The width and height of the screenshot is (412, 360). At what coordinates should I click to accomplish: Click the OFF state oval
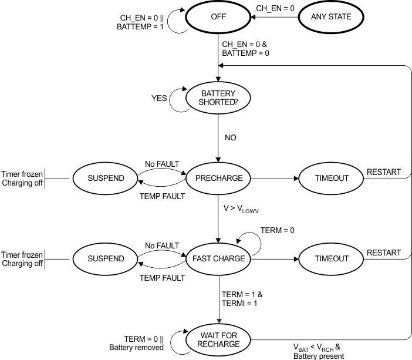click(218, 17)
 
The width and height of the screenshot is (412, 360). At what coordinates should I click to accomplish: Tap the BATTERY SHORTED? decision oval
click(218, 97)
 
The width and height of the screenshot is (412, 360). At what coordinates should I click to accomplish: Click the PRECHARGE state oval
click(218, 178)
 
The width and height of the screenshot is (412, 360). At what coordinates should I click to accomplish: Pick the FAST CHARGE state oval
click(218, 258)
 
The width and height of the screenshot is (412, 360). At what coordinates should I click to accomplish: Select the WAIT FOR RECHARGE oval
click(218, 339)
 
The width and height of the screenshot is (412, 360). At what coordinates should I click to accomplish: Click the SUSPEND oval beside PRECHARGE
click(106, 178)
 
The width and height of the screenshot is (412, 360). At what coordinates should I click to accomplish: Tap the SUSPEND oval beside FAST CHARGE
click(106, 258)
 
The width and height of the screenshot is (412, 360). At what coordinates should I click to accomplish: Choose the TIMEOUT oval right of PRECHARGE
click(332, 178)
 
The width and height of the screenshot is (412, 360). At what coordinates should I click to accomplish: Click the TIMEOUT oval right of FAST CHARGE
click(332, 258)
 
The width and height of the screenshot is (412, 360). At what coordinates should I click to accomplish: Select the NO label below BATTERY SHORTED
click(231, 137)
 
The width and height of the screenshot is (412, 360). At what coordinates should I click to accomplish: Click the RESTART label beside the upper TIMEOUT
click(384, 172)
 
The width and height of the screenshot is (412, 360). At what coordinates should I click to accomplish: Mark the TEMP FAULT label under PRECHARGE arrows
click(162, 196)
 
